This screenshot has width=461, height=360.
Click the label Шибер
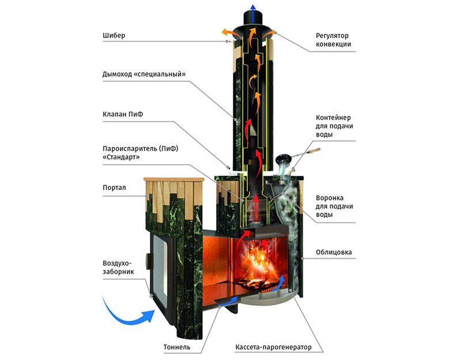pos(114,36)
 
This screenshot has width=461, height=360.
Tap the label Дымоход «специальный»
pos(144,74)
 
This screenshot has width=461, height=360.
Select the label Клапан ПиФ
pos(123,114)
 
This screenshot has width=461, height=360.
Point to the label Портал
pos(114,188)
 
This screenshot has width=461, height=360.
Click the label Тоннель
pos(177,347)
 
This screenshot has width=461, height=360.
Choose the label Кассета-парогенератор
pos(273,347)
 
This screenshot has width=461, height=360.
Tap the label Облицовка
pos(334,252)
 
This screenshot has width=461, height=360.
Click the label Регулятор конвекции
pos(334,40)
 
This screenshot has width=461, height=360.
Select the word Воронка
pos(330,198)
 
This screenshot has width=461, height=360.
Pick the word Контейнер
pos(333,118)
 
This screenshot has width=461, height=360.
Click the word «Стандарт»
pos(121,157)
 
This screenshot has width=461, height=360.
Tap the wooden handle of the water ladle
pos(313,151)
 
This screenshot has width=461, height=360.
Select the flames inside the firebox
pos(256,264)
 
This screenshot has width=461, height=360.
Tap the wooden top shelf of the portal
pos(173,179)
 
